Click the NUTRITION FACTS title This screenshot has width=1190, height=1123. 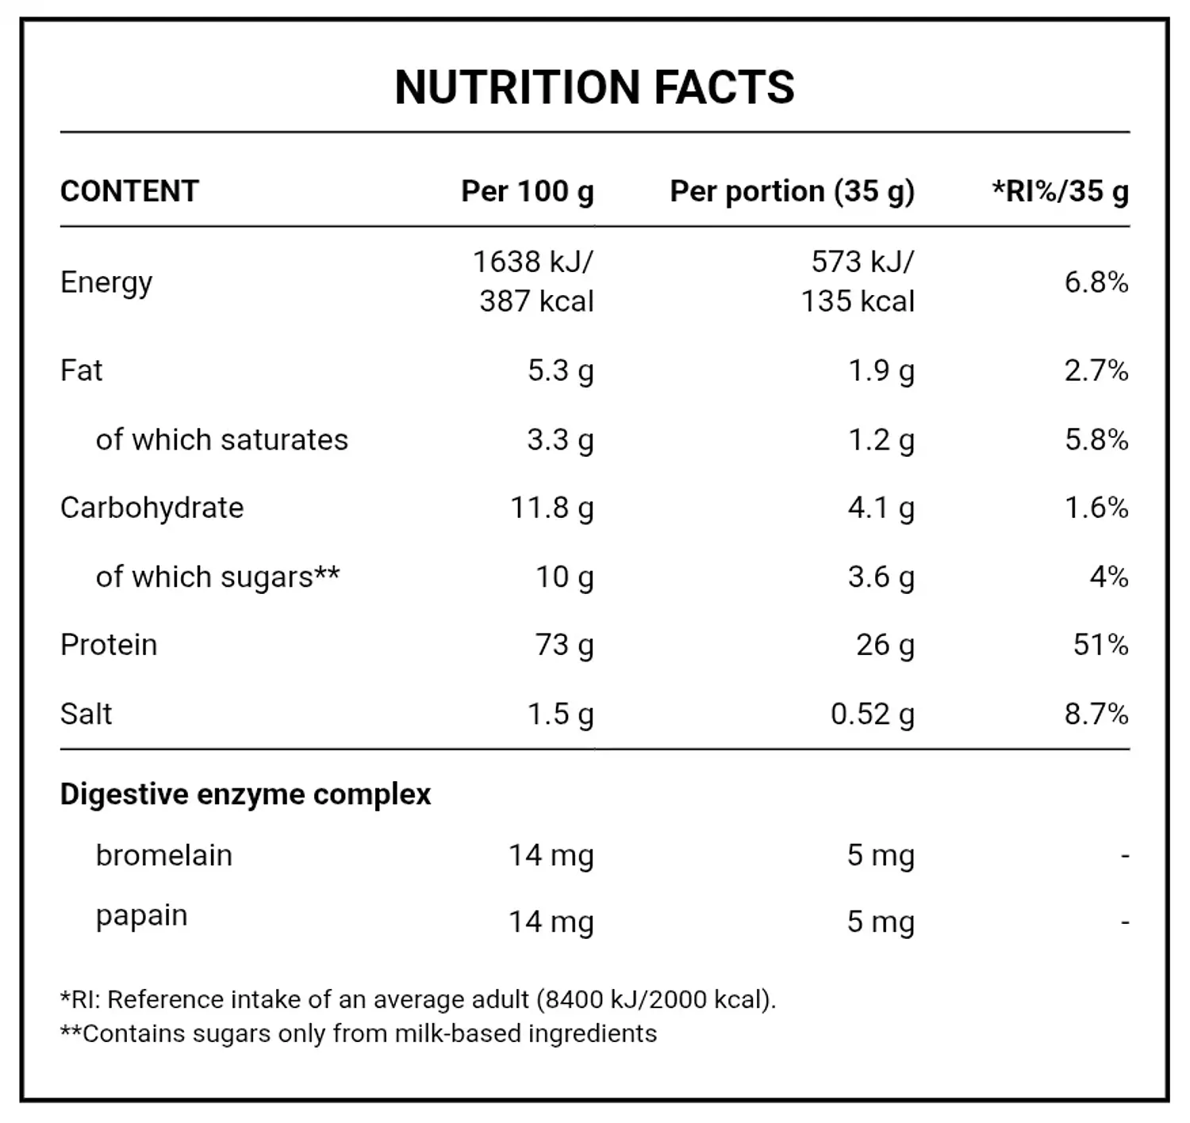tap(594, 87)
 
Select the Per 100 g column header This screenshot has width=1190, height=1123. tap(527, 192)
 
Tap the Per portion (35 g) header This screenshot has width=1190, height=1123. tap(792, 192)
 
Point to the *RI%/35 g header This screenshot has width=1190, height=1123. tap(1060, 192)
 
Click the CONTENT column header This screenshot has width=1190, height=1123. tap(129, 192)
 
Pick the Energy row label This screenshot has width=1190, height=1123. tap(106, 283)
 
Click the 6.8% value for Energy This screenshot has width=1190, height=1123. tap(1096, 282)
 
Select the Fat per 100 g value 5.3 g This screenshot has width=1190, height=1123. tap(560, 371)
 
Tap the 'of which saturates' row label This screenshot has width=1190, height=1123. tap(221, 440)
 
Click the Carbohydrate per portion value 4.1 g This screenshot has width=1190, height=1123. tap(881, 508)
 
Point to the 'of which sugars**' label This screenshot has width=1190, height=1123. tap(217, 577)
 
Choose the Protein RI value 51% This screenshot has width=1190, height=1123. tap(1100, 645)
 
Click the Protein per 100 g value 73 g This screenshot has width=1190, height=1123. tap(564, 646)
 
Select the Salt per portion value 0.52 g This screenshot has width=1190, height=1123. tap(872, 715)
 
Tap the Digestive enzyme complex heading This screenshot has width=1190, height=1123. tap(245, 795)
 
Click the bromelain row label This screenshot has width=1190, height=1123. tap(163, 856)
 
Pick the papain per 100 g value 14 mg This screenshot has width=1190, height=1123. tap(551, 922)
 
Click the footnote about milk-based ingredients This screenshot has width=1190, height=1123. tap(359, 1034)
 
